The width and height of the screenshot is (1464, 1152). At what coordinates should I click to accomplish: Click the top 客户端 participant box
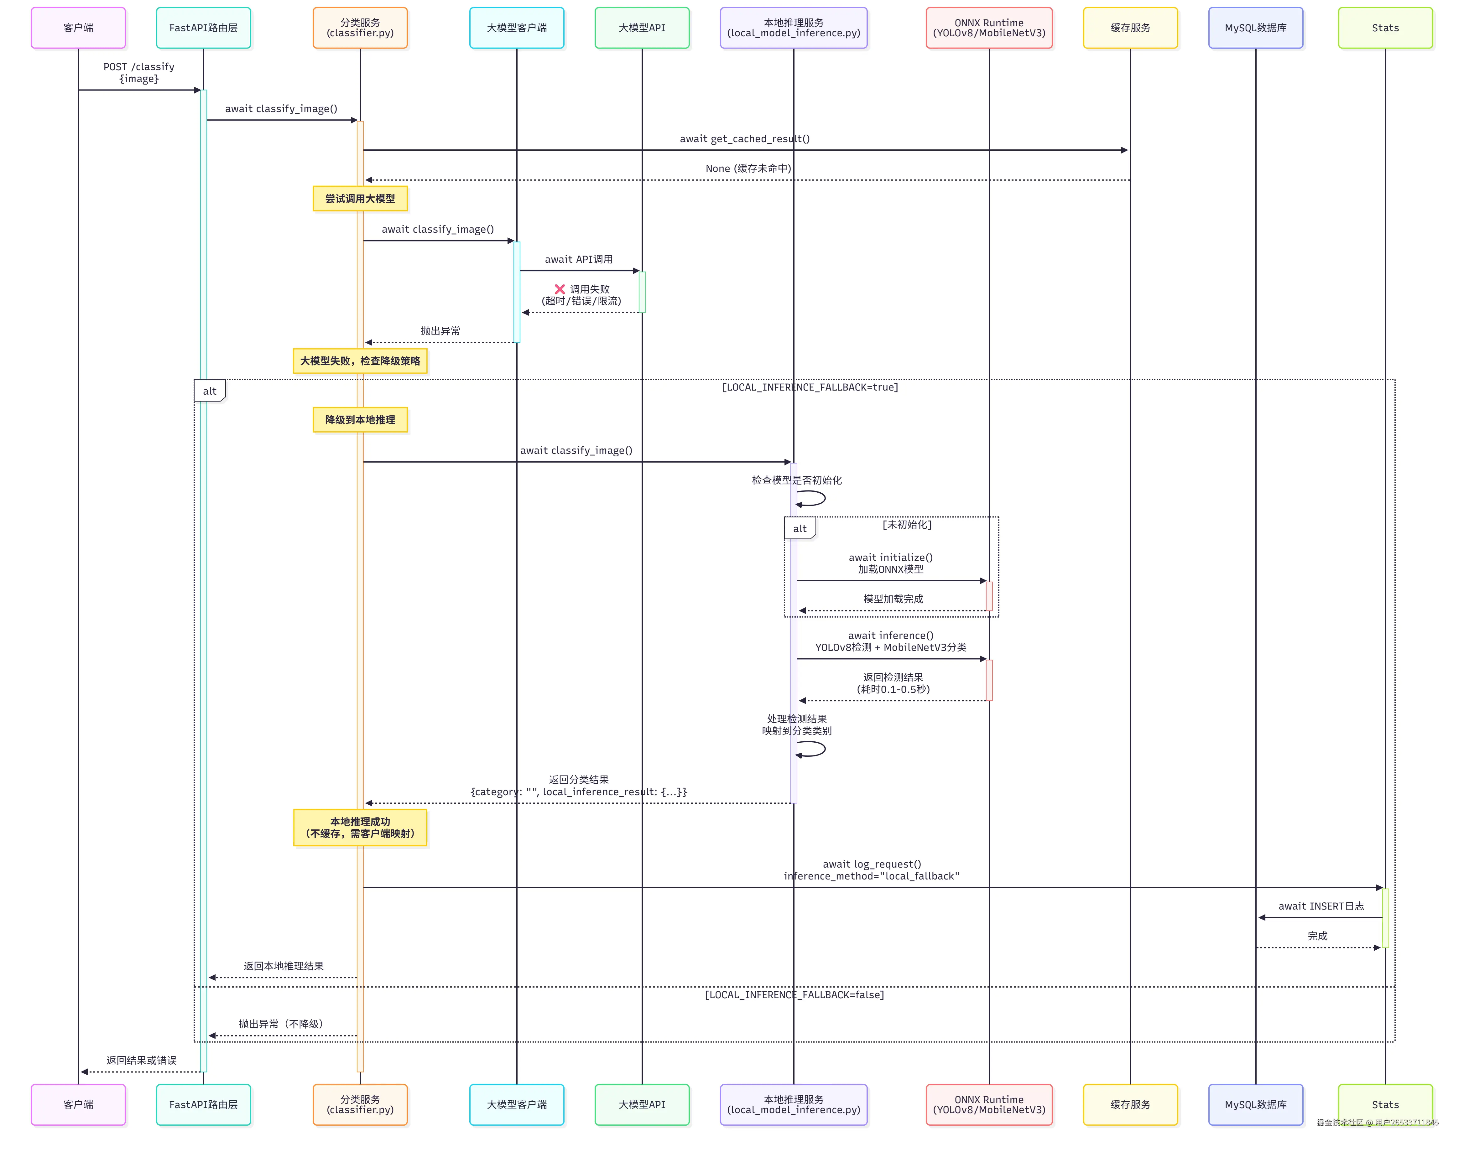pos(78,28)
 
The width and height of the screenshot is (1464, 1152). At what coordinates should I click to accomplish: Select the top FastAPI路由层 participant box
pos(203,28)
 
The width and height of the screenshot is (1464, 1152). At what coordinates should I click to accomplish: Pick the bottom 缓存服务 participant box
pos(1130,1104)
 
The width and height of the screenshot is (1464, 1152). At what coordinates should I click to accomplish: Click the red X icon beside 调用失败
pos(559,289)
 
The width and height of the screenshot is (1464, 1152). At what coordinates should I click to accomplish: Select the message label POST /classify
pos(139,67)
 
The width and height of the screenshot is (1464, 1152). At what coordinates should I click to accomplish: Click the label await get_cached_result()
pos(744,139)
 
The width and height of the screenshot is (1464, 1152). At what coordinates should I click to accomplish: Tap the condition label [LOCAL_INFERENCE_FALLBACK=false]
pos(794,994)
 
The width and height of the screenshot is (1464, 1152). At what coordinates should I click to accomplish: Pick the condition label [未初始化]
pos(907,524)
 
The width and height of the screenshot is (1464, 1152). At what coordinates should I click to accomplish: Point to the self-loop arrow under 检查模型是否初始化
pos(811,498)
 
